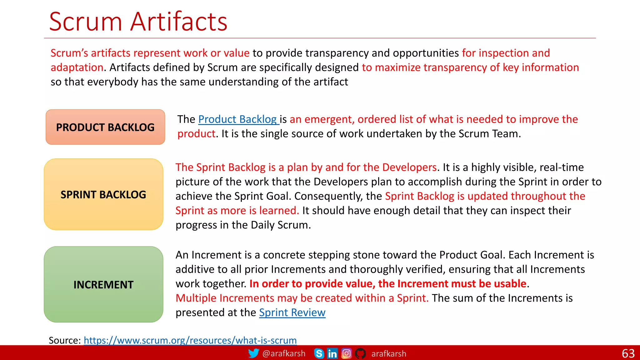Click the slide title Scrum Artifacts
point(138,22)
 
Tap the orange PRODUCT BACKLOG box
point(105,127)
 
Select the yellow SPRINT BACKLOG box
point(103,195)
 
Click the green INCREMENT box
point(103,285)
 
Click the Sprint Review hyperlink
point(292,312)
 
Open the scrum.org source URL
point(190,340)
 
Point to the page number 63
point(628,353)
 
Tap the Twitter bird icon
point(253,353)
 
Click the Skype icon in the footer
point(319,353)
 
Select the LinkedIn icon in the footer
point(332,353)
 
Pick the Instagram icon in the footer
point(346,353)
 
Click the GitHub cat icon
point(360,353)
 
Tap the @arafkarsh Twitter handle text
point(284,353)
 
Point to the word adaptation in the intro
point(77,67)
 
